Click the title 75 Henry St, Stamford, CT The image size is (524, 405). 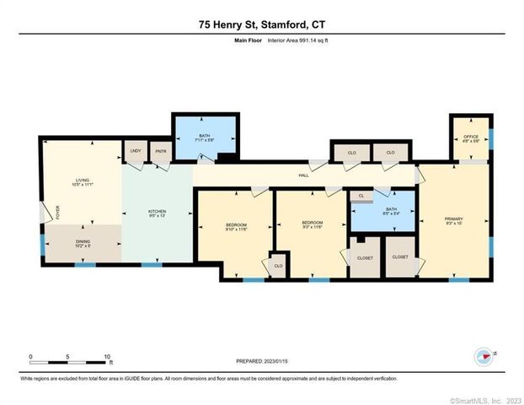pos(262,26)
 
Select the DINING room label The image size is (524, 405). pos(81,245)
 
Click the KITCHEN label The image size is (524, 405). pos(158,212)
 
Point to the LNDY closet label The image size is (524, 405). pos(136,151)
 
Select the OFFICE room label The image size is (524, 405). pos(471,138)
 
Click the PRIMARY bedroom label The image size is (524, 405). pos(454,220)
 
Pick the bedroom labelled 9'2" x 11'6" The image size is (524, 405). pos(313,224)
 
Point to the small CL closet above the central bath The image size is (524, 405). pos(361,196)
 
